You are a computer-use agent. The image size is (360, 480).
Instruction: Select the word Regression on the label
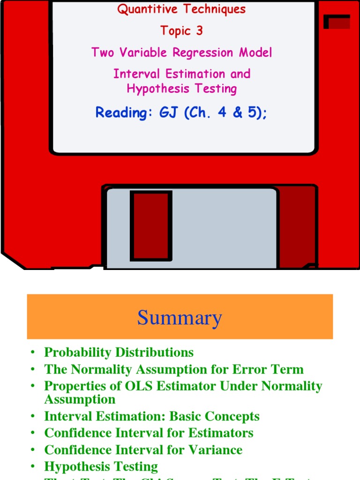(x=204, y=52)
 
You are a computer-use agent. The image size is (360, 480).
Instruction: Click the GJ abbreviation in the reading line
(x=167, y=112)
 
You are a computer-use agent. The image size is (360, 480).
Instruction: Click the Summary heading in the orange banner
(x=180, y=318)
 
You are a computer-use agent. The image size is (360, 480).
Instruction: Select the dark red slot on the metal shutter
(x=151, y=225)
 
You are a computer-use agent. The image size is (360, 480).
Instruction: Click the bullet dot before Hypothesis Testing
(x=33, y=467)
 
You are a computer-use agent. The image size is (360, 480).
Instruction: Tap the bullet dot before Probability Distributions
(x=33, y=352)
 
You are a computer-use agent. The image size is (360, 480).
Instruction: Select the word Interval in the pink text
(x=134, y=74)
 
